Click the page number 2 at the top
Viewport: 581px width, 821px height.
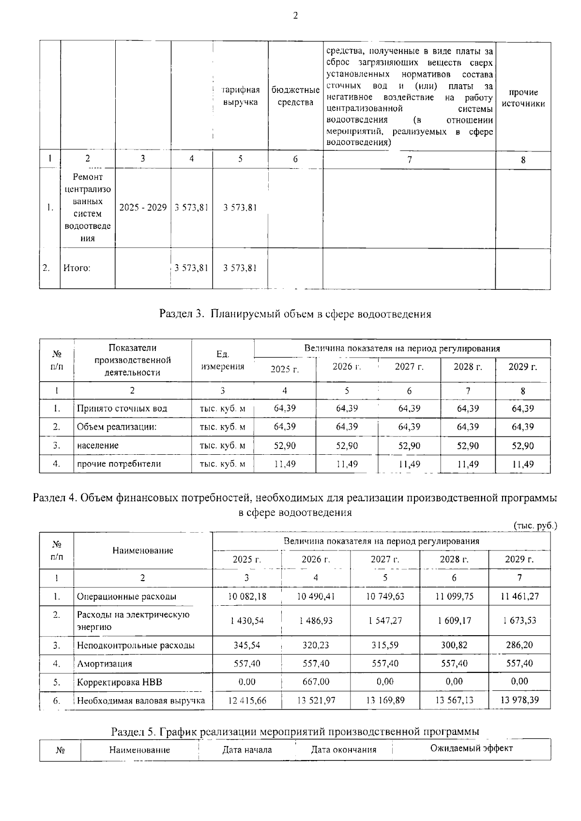click(x=295, y=15)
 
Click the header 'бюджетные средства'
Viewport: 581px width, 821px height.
click(x=295, y=96)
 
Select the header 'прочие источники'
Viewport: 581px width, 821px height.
click(x=523, y=98)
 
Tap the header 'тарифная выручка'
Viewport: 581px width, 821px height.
click(x=240, y=96)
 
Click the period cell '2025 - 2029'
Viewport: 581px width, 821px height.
click(x=143, y=208)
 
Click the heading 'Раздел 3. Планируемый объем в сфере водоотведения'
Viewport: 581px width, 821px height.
click(x=295, y=314)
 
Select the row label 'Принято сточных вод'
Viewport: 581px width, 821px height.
click(x=122, y=408)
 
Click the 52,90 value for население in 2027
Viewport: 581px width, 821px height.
click(x=409, y=446)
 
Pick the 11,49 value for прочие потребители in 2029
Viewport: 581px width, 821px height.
click(x=523, y=464)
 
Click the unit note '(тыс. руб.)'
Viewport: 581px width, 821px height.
click(x=535, y=525)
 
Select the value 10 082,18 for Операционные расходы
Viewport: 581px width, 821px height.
click(x=247, y=596)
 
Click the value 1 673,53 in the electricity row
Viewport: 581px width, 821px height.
click(x=520, y=620)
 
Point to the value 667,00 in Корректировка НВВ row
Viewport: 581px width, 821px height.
click(x=316, y=681)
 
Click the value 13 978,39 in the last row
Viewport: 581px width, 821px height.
click(x=520, y=700)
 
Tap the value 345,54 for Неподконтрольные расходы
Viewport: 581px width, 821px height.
click(x=247, y=645)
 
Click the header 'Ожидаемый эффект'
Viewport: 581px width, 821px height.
click(x=471, y=748)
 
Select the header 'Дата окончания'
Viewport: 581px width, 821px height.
click(x=343, y=750)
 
